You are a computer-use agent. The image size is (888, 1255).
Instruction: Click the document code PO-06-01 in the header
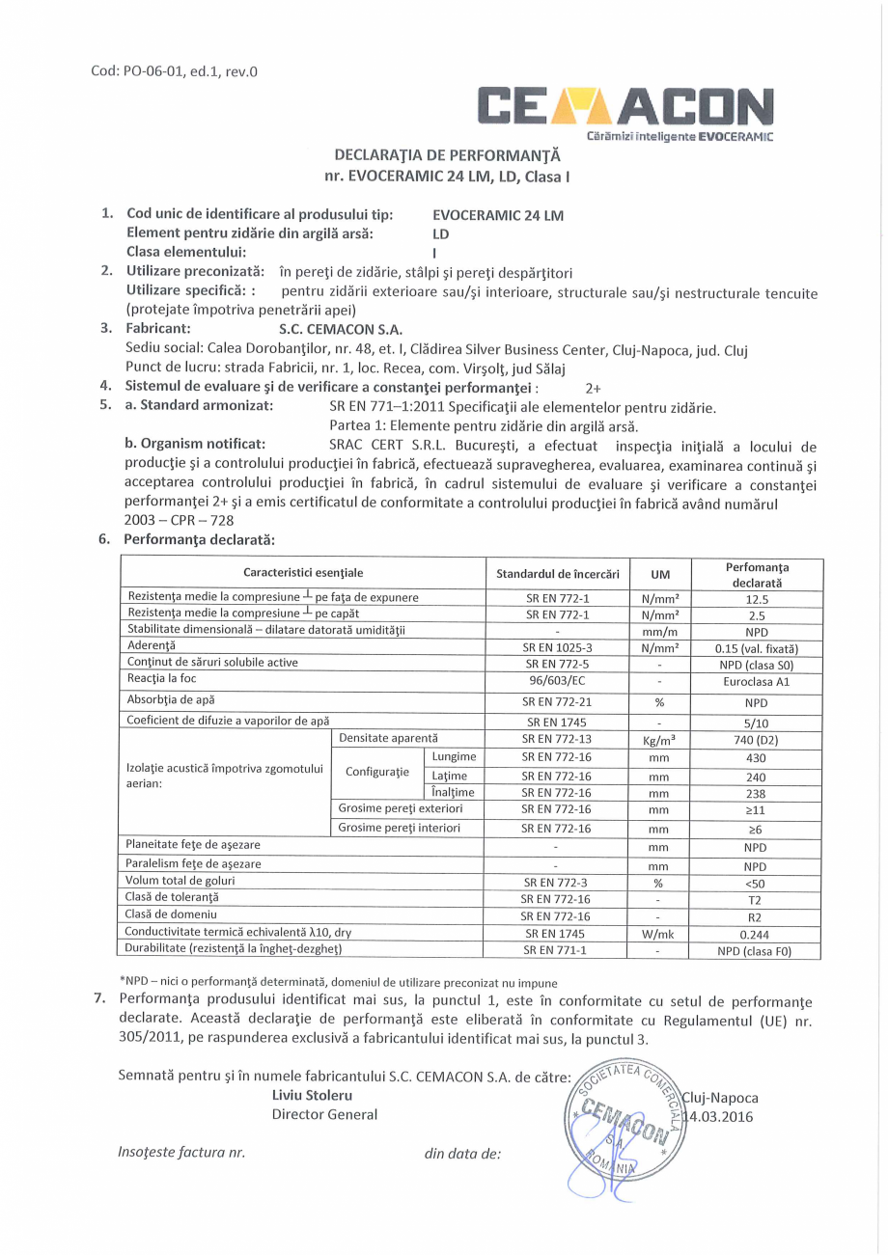click(175, 70)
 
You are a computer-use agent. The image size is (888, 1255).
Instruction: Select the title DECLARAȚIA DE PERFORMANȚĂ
click(447, 154)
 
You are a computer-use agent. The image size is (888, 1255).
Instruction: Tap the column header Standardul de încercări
click(557, 574)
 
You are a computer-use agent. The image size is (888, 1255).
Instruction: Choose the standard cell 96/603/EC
click(557, 679)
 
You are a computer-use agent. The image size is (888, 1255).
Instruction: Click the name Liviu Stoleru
click(313, 1096)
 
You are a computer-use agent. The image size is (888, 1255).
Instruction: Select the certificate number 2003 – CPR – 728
click(180, 519)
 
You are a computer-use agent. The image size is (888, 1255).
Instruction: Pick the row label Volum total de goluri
click(180, 880)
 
